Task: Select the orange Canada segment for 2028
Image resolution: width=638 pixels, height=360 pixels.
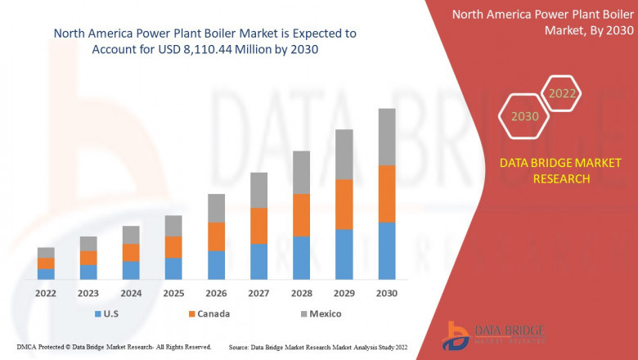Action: pos(301,215)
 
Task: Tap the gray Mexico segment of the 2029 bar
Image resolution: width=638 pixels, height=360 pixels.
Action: pos(344,155)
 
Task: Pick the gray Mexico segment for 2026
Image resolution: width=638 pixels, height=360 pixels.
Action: pos(216,208)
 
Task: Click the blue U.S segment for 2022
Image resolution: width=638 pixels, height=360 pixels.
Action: pos(46,274)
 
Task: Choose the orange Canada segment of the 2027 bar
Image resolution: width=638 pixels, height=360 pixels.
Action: pos(258,226)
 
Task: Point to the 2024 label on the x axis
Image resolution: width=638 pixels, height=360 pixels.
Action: pos(131,293)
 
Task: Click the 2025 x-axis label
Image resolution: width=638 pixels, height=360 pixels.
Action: pos(173,293)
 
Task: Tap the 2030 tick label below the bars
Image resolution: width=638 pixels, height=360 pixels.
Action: pos(387,293)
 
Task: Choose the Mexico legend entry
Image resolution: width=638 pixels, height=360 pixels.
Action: pos(318,313)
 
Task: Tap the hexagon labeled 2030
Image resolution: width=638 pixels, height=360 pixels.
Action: pos(525,116)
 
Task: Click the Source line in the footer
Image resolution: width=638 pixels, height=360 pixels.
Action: pos(319,348)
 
